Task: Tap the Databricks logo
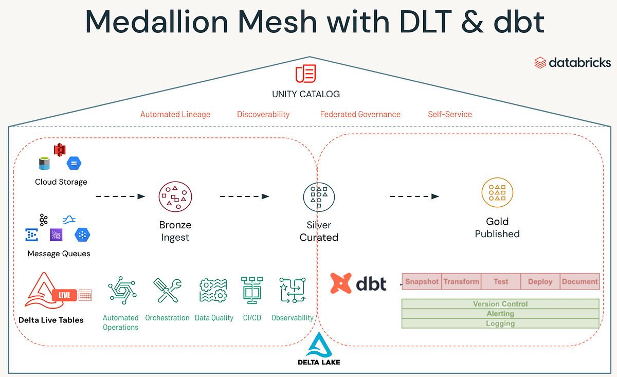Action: pos(572,63)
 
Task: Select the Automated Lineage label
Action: pos(175,114)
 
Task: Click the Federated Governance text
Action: pos(360,114)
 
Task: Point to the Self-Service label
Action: pos(450,114)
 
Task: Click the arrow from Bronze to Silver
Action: pos(244,196)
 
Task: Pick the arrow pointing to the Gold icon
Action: pos(414,196)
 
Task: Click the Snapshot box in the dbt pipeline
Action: pos(422,281)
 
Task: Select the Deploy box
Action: pos(540,281)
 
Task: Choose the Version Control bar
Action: pos(500,304)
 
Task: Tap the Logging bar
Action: pos(500,324)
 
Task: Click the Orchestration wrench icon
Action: pos(167,291)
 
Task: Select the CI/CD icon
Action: pos(252,291)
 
